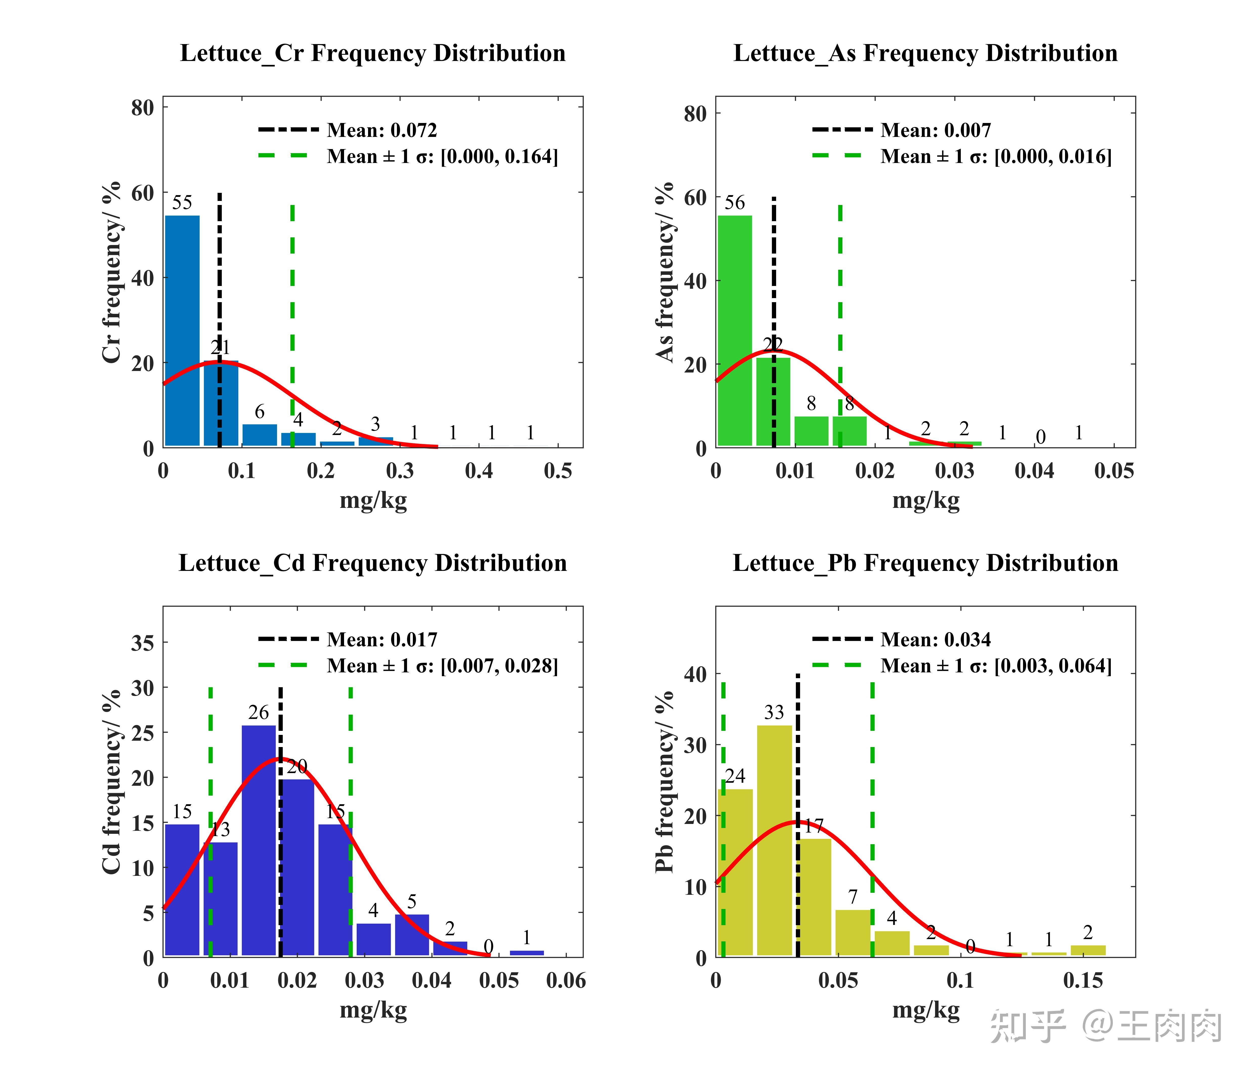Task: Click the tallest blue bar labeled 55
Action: click(182, 330)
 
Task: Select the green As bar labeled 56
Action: click(735, 330)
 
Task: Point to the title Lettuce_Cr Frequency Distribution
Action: click(372, 53)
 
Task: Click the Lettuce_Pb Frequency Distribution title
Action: click(925, 564)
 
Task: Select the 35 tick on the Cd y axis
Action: click(143, 643)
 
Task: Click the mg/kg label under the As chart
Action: click(925, 501)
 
